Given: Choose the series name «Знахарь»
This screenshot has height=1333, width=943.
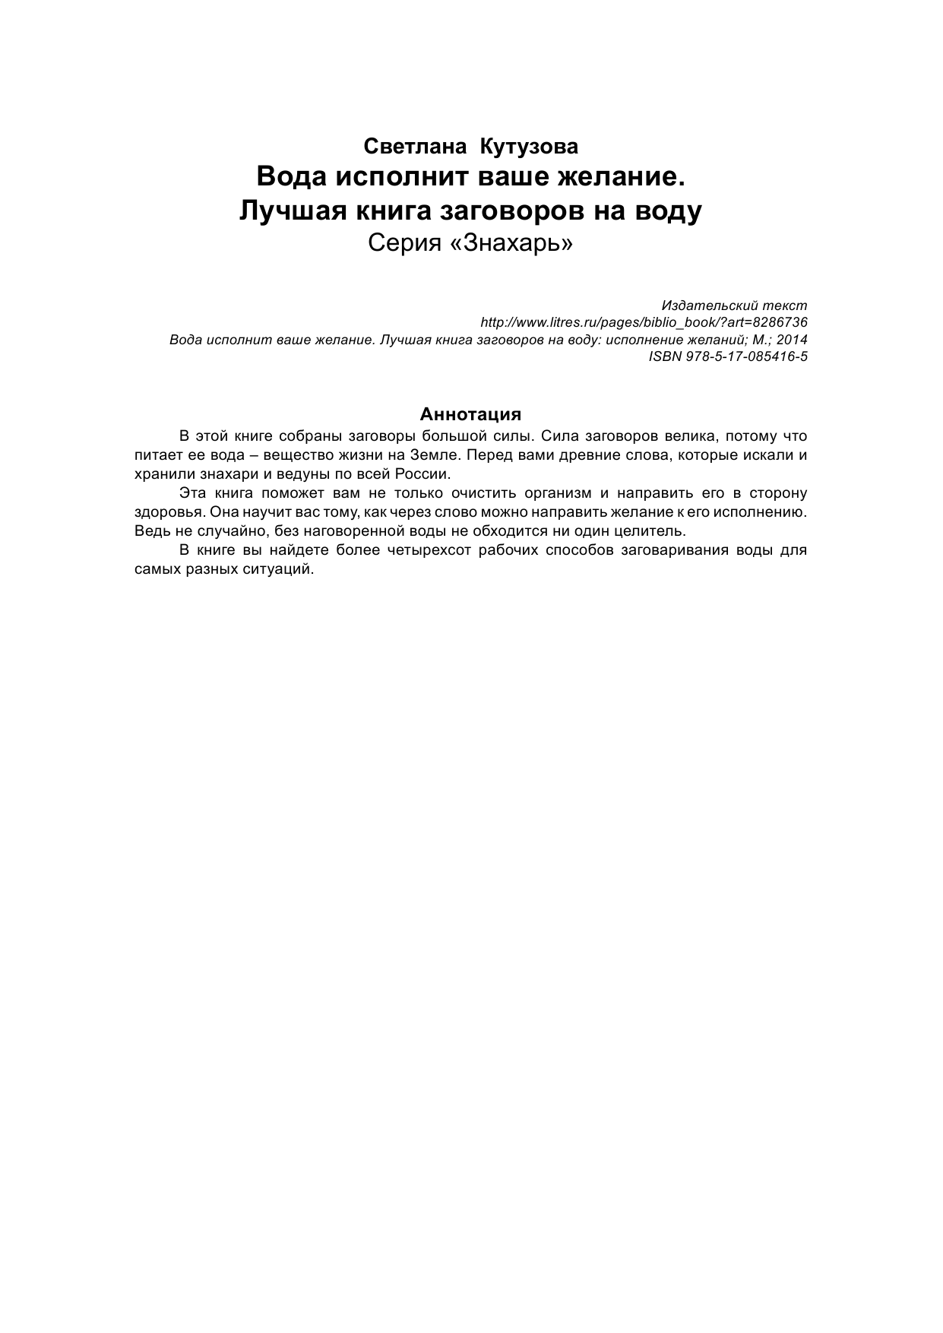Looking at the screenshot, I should pyautogui.click(x=512, y=244).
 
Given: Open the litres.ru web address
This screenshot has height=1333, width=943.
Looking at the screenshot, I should pyautogui.click(x=644, y=323).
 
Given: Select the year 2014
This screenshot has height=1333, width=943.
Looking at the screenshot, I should pyautogui.click(x=792, y=340).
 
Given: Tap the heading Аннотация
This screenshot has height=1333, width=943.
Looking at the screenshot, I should pyautogui.click(x=470, y=415).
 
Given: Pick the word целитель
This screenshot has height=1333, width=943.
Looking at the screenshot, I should pyautogui.click(x=653, y=531).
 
